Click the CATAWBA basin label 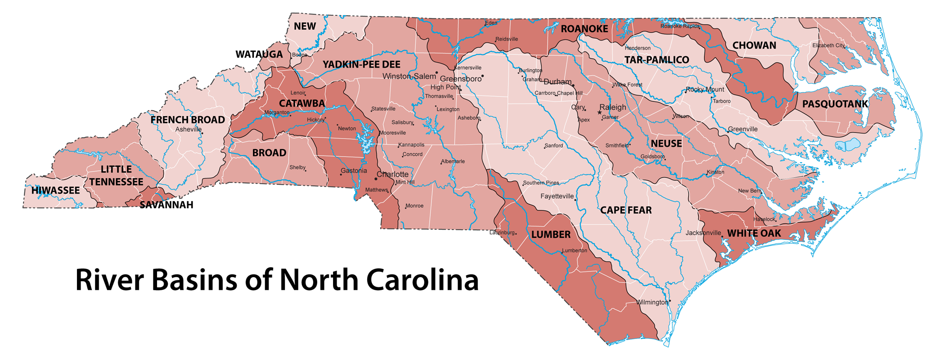pos(301,103)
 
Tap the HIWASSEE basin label pos(55,190)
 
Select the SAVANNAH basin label pos(166,205)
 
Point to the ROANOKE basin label pos(584,29)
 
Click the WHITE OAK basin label pos(754,233)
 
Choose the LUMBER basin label pos(550,234)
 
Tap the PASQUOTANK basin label pos(835,104)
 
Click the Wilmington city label pos(652,302)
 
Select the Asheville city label pos(188,130)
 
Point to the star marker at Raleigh pos(599,112)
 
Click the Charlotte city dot pos(376,179)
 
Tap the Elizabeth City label pos(828,45)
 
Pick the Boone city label pos(299,55)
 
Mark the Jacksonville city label pos(703,233)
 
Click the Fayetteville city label pos(557,196)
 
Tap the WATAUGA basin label pos(259,54)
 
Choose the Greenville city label pos(742,129)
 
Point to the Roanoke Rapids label pos(679,26)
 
